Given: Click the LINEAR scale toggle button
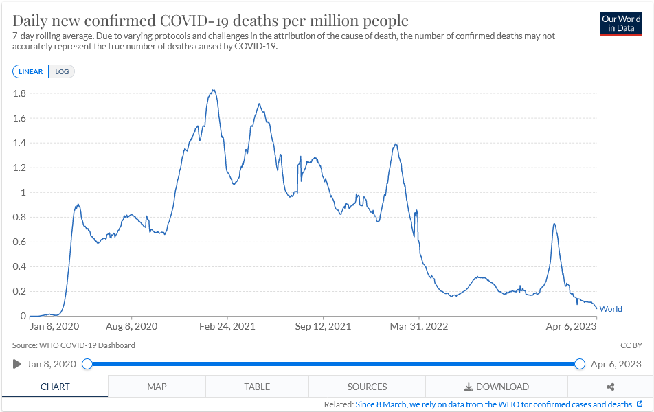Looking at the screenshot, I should [x=30, y=71].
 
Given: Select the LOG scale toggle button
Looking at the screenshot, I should [x=62, y=71].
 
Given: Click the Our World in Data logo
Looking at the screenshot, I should [x=621, y=24].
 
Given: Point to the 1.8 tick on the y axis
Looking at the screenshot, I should [x=19, y=93].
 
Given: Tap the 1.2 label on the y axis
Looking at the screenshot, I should [x=19, y=168].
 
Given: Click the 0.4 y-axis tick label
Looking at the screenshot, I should [x=19, y=266].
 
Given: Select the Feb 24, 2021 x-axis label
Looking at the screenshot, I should [x=228, y=326].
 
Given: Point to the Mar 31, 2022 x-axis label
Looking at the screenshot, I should [x=419, y=326].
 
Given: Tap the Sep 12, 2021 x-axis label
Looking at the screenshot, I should [x=323, y=326].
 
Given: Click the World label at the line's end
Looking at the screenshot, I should [x=611, y=309].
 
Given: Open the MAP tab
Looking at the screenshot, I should [x=157, y=387].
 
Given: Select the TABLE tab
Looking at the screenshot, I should [x=257, y=387].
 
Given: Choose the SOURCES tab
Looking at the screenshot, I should [x=367, y=387].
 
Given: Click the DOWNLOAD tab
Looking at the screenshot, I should [x=497, y=387].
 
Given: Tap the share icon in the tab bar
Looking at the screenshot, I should [x=610, y=387].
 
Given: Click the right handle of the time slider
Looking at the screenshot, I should [x=579, y=364].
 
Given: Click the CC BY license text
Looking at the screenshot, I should [x=630, y=345].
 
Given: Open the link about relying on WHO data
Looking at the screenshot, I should [x=493, y=404].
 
